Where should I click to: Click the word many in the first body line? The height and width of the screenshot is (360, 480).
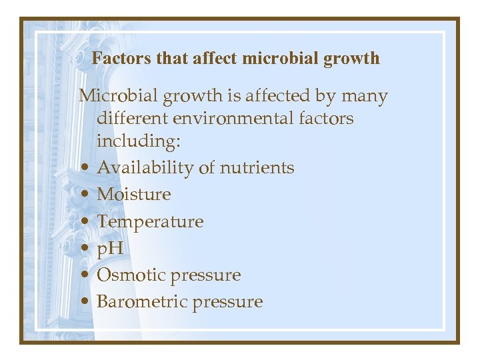[365, 97]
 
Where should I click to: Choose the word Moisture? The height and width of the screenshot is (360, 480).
[133, 195]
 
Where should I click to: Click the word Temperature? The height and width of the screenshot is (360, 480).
[150, 222]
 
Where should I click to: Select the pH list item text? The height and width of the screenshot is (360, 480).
[110, 249]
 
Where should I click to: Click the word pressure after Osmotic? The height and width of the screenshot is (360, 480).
[209, 276]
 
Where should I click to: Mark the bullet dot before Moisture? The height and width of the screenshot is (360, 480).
[88, 195]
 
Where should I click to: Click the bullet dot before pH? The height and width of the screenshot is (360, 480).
[88, 249]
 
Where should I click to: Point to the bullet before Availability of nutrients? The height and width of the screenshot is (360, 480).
[88, 169]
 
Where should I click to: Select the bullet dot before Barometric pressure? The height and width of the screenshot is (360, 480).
[88, 302]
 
